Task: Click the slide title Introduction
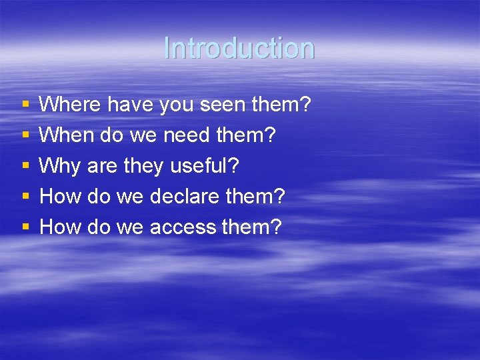click(x=239, y=48)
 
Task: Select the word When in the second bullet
click(x=61, y=135)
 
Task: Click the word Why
click(x=59, y=166)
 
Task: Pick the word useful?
click(x=201, y=166)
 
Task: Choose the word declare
click(x=183, y=197)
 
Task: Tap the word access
click(x=183, y=227)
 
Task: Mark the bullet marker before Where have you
click(x=25, y=105)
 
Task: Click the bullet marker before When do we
click(x=25, y=135)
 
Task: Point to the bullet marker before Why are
click(x=25, y=166)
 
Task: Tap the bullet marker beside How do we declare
click(x=25, y=197)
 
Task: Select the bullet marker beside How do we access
click(x=25, y=227)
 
